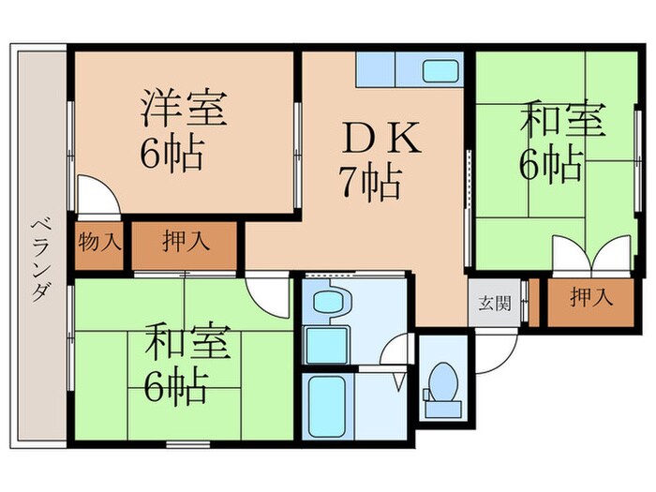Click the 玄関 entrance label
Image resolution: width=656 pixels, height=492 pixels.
tap(490, 302)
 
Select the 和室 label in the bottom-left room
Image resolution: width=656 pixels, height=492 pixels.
tap(186, 342)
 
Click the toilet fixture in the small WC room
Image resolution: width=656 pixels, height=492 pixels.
tap(440, 386)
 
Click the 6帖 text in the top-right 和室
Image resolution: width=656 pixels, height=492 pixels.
tap(551, 167)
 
